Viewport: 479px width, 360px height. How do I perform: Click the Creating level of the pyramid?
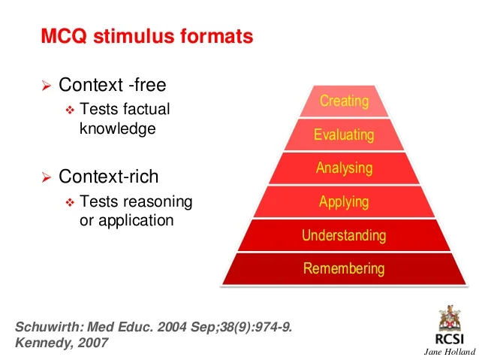click(344, 101)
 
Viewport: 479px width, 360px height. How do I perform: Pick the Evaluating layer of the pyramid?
click(344, 135)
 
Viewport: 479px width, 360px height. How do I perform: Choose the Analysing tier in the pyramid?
click(344, 168)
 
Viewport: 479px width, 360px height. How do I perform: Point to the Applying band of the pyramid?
click(344, 201)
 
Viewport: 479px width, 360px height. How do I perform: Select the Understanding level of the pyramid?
click(344, 235)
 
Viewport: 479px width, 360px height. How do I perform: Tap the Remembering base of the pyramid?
click(344, 268)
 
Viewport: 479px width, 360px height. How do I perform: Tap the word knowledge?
click(117, 128)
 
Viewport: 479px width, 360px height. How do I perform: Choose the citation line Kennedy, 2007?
click(62, 343)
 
